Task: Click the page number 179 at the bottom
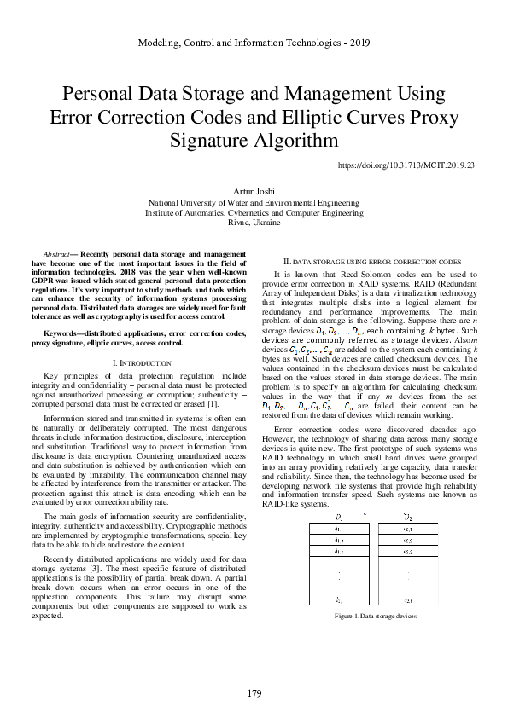254,693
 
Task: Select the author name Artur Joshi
254,191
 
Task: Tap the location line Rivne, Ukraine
254,222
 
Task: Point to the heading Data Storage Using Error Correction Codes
372,260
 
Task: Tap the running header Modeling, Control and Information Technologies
254,42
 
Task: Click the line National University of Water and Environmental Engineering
254,203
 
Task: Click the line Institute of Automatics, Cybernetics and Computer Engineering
254,212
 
